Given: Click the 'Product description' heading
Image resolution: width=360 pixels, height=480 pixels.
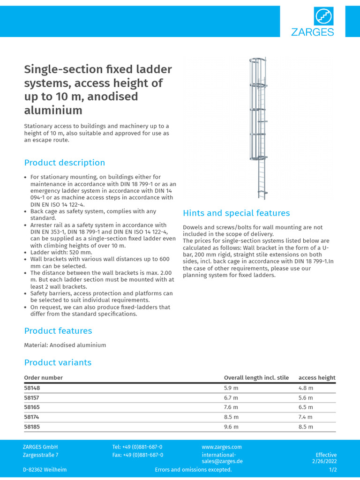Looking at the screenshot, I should coord(65,163).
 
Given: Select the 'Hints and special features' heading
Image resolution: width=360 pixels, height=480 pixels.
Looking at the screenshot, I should coord(236,213).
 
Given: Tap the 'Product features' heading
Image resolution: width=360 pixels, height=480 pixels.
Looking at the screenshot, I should coord(58,331).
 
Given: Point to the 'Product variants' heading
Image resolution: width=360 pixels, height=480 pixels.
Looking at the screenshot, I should coord(58,362).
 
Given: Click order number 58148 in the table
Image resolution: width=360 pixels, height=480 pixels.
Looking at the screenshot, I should coord(32,388).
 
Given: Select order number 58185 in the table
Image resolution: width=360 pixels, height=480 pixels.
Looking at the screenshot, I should coord(32,427).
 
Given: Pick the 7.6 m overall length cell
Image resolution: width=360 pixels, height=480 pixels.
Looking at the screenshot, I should coord(231,407).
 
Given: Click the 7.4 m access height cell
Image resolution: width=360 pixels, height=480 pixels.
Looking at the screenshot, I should coord(306,417).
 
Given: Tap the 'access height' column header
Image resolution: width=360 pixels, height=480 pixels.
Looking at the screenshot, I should coord(317,378).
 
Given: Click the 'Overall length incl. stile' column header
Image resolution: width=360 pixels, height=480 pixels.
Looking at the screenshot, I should coord(256,378).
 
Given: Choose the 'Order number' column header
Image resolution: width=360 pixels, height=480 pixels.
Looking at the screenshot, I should coord(43,378).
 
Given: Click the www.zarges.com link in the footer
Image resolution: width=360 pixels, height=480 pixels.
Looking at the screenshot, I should coord(222,447).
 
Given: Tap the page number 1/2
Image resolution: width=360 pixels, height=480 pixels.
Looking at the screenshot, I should coord(332,470).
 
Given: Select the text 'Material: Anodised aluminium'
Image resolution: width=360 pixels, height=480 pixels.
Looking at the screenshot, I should coord(65,345).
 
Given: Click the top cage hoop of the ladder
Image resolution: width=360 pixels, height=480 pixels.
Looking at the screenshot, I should coord(257,60).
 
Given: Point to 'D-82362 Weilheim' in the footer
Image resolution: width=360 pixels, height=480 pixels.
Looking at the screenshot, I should coord(45,470).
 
